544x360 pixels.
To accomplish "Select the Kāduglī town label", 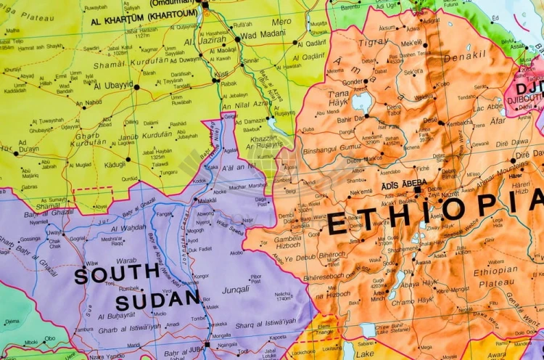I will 115,165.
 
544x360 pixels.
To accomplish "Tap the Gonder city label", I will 353,82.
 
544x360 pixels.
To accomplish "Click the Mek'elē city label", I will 411,43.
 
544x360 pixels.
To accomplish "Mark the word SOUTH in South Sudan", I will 117,275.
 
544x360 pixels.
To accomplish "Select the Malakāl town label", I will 207,200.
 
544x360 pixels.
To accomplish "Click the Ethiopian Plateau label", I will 495,277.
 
